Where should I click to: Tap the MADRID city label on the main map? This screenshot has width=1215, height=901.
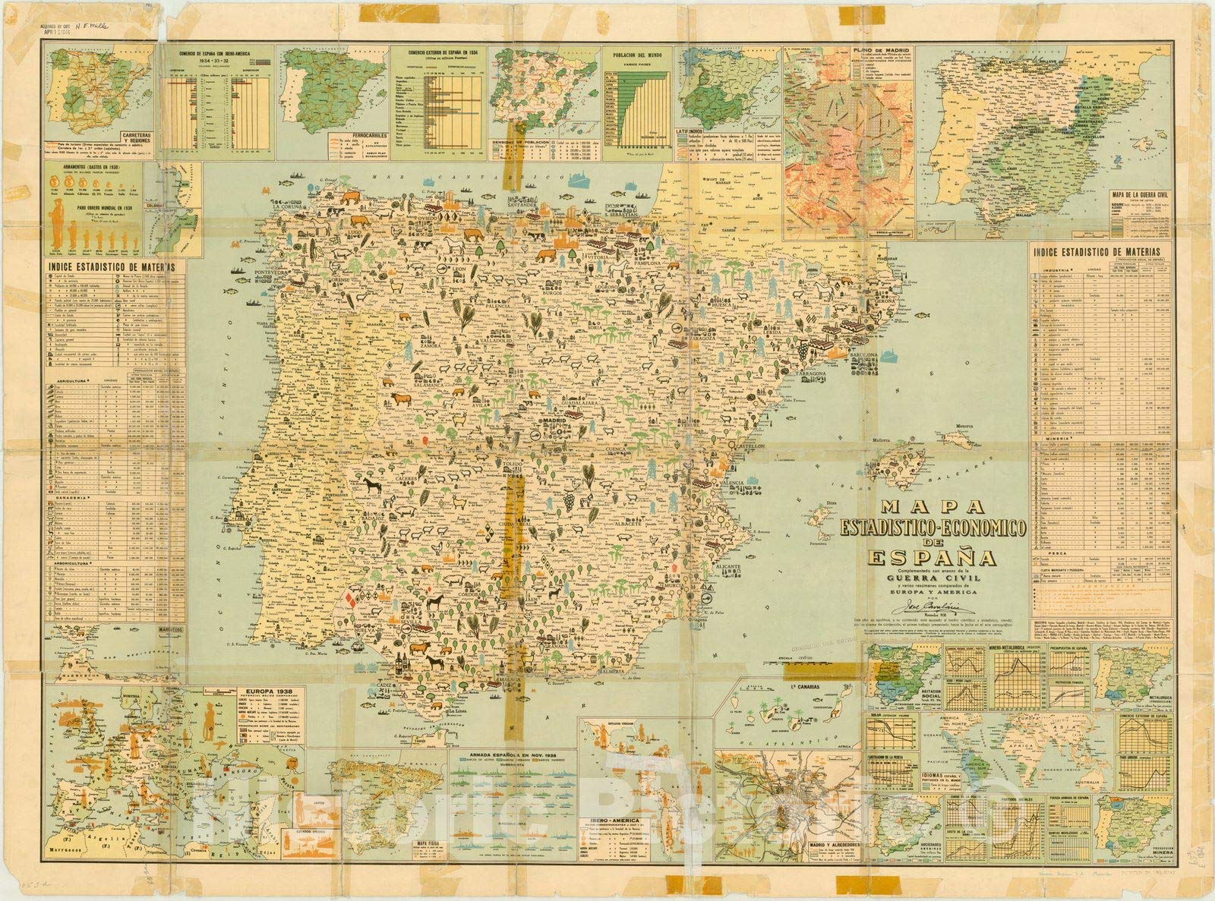[x=553, y=420]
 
